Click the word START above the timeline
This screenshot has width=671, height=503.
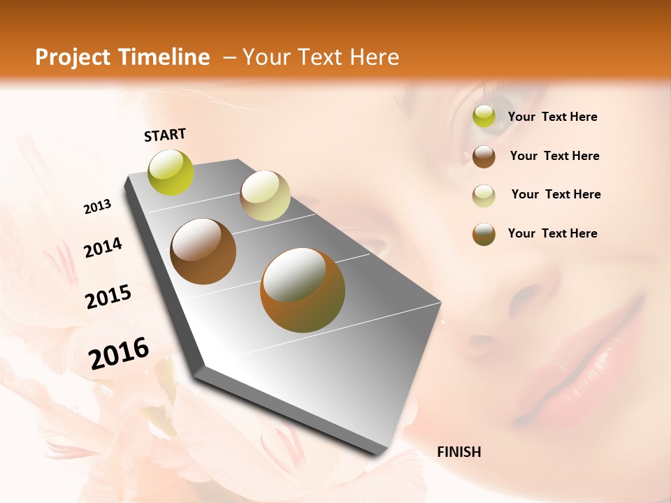coord(165,135)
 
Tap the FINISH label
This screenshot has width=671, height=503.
coord(459,452)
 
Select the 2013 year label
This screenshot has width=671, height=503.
coord(97,207)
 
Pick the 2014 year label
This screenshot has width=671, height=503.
coord(103,248)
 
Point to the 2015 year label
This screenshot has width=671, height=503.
coord(108,297)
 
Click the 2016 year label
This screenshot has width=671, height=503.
coord(119,353)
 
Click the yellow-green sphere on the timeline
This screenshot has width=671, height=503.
coord(171,172)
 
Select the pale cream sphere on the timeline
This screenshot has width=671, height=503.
coord(265,196)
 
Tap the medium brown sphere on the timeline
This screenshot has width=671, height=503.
coord(203,251)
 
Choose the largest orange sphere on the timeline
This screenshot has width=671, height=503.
coord(303,290)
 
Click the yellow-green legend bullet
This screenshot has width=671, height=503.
coord(484,117)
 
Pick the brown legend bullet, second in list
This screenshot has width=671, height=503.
coord(484,156)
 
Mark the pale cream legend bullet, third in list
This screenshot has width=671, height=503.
coord(484,195)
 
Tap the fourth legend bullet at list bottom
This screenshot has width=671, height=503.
coord(484,233)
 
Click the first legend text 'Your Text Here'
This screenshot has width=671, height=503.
coord(552,117)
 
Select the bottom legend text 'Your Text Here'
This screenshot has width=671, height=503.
coord(552,233)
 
